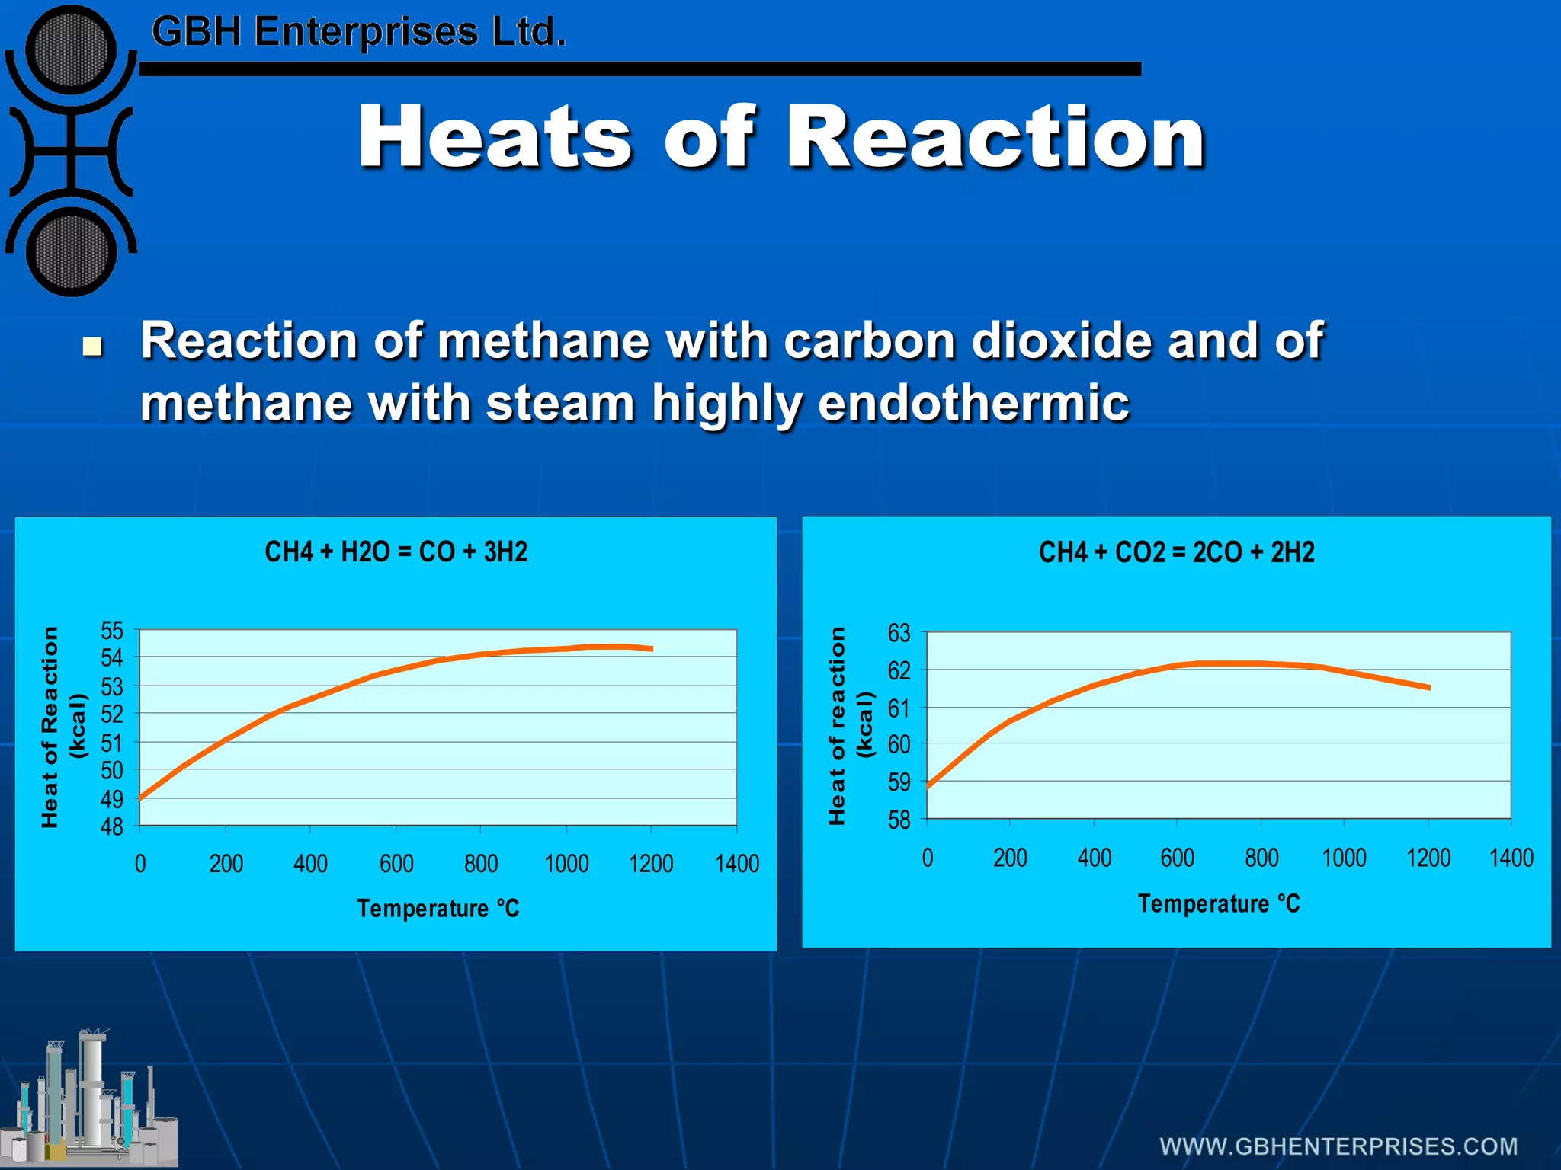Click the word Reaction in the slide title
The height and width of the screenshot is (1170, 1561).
[995, 137]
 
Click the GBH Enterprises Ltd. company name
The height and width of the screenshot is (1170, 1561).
[358, 32]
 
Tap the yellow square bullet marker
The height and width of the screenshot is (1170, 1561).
[92, 347]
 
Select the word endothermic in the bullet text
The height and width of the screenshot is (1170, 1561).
[973, 403]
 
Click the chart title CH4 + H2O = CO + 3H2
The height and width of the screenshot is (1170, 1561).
[396, 551]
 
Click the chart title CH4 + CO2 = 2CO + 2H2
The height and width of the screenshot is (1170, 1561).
[1176, 552]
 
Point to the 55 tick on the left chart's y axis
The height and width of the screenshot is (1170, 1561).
[112, 631]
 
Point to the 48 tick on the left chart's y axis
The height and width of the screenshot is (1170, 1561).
[112, 826]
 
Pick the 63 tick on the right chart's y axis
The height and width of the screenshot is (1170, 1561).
[899, 633]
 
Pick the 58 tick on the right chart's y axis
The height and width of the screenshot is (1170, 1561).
[899, 820]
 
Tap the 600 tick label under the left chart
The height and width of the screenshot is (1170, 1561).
[396, 864]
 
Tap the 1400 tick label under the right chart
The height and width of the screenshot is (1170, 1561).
[1511, 858]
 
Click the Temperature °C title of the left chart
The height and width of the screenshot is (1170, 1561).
[438, 909]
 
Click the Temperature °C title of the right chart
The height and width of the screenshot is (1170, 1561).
[1219, 904]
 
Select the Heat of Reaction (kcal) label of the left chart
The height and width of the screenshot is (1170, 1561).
[63, 727]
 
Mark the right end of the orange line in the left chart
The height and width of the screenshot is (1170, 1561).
[652, 649]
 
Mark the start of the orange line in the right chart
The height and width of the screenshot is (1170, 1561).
[928, 786]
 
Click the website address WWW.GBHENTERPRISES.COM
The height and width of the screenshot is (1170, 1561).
[1338, 1146]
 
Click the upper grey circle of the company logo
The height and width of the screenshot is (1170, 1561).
[71, 50]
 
